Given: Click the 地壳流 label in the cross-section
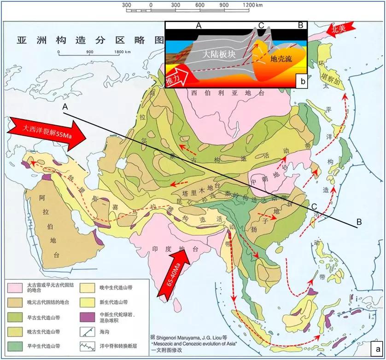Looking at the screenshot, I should pyautogui.click(x=281, y=58).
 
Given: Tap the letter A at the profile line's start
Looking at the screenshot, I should pyautogui.click(x=65, y=106).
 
